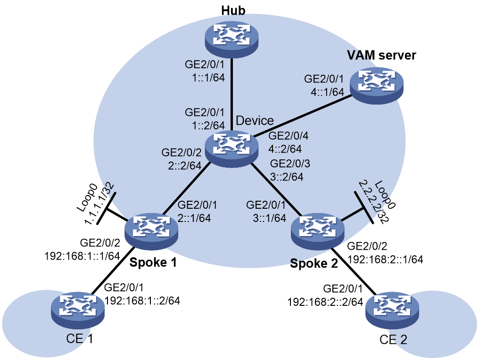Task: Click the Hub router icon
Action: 231,39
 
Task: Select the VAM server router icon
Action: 376,85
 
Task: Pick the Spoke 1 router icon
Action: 151,232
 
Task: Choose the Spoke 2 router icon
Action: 318,233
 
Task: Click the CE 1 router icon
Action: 78,310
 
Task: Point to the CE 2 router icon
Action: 392,310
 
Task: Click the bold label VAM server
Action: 381,55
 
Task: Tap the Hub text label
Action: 233,10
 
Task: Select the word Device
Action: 255,121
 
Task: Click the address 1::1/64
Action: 208,78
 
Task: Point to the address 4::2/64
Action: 285,149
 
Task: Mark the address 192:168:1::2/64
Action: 142,301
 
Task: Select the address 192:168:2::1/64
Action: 385,259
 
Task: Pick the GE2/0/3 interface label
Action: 290,164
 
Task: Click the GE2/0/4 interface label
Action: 289,136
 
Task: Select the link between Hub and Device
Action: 231,95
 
